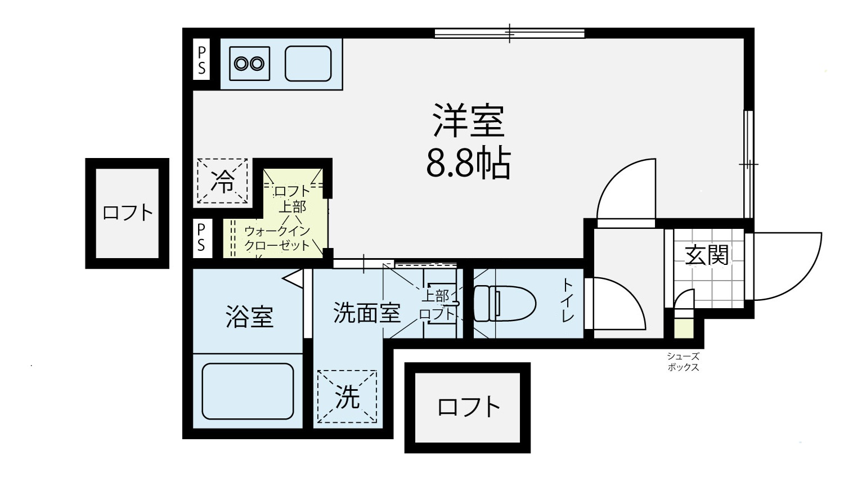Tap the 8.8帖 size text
(x=468, y=164)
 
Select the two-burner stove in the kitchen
(x=249, y=64)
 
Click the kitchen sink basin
(x=308, y=64)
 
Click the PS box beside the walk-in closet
(x=201, y=238)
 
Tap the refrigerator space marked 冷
(x=222, y=181)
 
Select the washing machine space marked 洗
(x=347, y=396)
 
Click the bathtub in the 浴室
(x=248, y=391)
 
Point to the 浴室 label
(x=249, y=316)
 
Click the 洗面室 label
(x=367, y=312)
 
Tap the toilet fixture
(x=505, y=303)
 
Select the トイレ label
(x=568, y=300)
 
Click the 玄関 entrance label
(x=706, y=255)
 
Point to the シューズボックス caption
(x=683, y=362)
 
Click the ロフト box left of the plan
(x=127, y=213)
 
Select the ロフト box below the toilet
(x=468, y=408)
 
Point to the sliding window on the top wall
(x=509, y=34)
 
